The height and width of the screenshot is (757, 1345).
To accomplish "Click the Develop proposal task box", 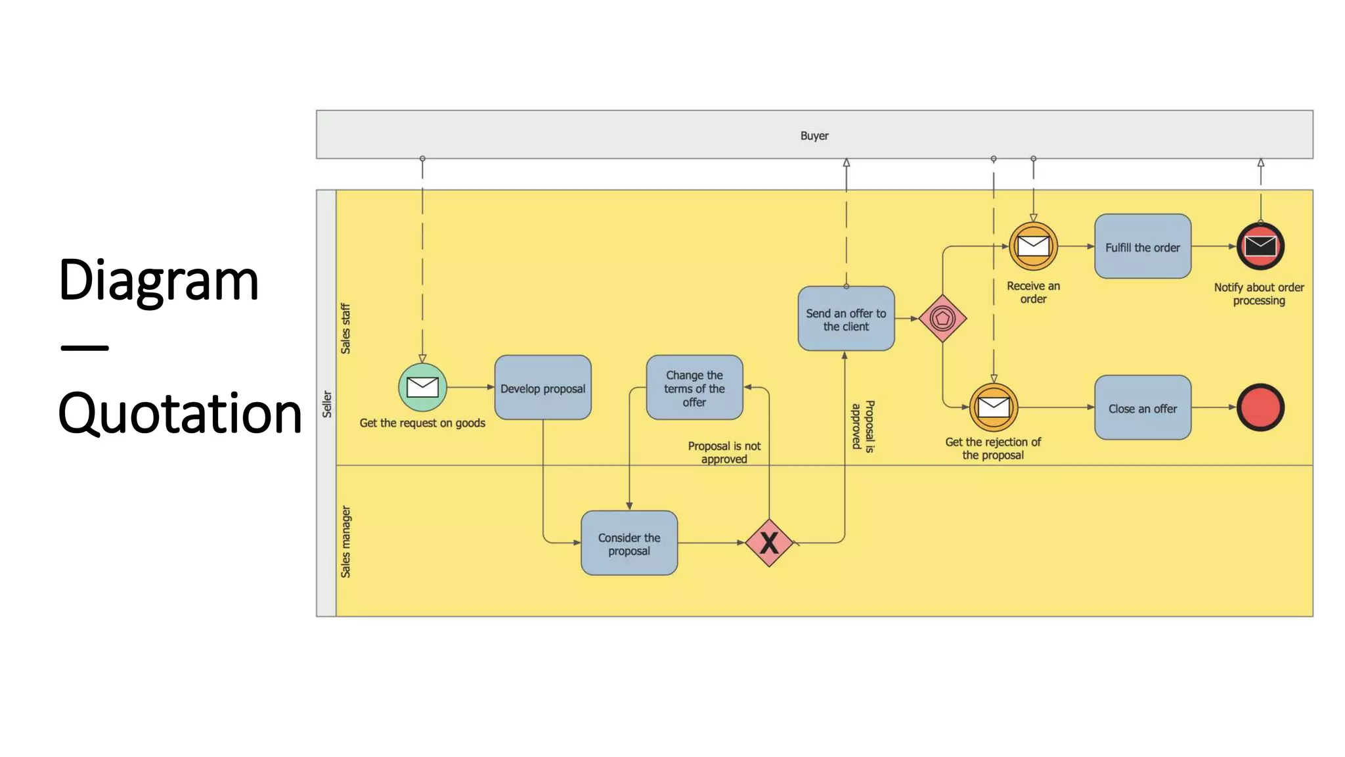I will [542, 388].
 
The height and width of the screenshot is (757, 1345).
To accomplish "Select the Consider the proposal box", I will [628, 543].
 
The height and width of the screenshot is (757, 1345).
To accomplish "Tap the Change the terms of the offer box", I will [694, 388].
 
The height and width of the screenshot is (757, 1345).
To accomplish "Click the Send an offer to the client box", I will [846, 319].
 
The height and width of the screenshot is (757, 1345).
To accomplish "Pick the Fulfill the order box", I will [1142, 246].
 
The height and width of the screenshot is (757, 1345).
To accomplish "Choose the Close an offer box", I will [1142, 408].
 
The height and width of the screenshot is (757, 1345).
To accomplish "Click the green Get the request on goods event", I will [422, 387].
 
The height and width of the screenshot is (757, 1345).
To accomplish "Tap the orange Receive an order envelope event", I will [1033, 246].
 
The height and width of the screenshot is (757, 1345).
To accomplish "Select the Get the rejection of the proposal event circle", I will [994, 407].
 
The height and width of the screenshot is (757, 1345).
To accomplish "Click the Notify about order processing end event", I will [1260, 246].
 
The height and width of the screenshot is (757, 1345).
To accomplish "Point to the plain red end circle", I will [1260, 407].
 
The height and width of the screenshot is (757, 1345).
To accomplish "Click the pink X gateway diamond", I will [768, 543].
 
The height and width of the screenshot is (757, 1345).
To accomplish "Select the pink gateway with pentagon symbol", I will [942, 319].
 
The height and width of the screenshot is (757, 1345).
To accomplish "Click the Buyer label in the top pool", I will [814, 135].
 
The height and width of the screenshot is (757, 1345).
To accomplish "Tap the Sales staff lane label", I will [345, 329].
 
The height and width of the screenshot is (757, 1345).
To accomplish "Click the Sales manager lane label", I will [345, 541].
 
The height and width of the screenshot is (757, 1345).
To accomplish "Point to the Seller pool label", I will [326, 404].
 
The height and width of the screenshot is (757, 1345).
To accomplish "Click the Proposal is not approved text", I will [724, 452].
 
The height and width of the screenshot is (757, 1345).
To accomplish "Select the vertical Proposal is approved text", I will [863, 426].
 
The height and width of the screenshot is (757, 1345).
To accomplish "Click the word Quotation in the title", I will [179, 413].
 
